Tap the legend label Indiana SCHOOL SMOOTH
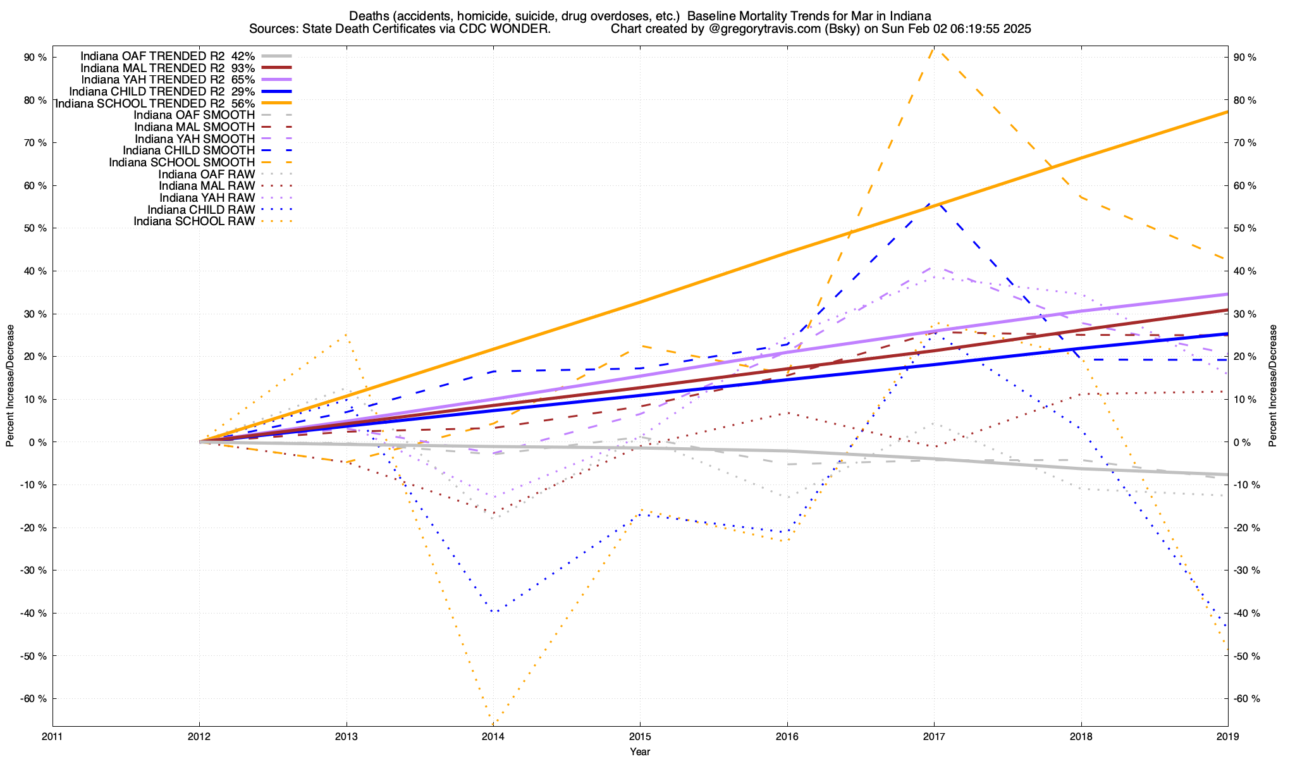pos(181,163)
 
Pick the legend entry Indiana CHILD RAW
pos(201,209)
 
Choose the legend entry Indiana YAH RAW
pos(207,198)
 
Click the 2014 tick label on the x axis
pos(493,737)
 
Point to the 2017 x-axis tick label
pos(934,737)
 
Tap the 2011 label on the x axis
pos(52,737)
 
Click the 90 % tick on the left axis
pos(35,58)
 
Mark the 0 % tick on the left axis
pos(37,442)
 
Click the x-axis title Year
pos(640,752)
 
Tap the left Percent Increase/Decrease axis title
pos(10,386)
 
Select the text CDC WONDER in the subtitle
pos(517,29)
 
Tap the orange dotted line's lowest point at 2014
pos(493,723)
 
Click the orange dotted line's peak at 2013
pos(345,335)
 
